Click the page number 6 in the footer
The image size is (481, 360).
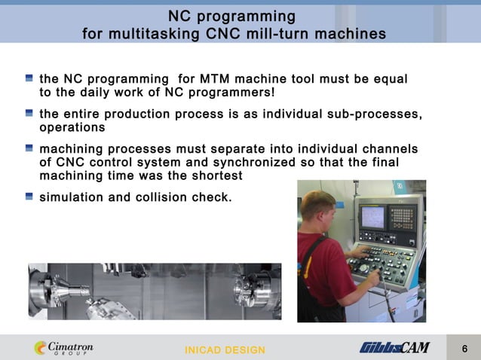[x=464, y=348]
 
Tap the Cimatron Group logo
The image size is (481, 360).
[x=63, y=348]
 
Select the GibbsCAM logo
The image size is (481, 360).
[x=394, y=347]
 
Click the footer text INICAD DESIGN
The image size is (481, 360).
[x=225, y=350]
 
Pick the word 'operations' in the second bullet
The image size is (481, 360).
[x=72, y=127]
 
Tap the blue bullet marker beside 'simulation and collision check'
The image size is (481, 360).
[x=29, y=196]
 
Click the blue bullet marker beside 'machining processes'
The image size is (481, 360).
[x=29, y=148]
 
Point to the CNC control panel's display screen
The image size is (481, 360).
[x=373, y=217]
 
